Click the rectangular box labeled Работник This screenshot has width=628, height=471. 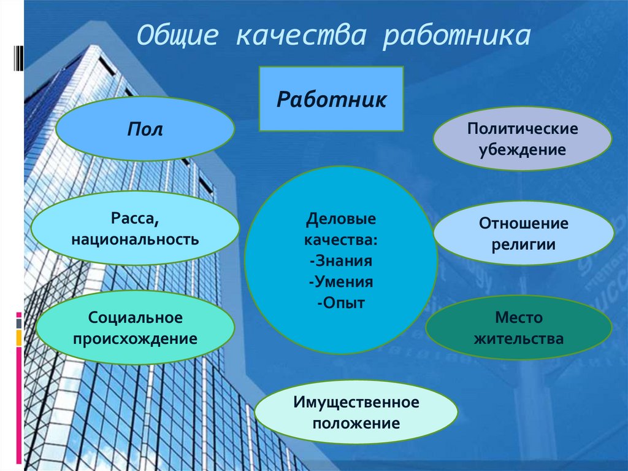tap(331, 99)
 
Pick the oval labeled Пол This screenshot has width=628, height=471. tap(145, 129)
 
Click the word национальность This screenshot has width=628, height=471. tap(135, 238)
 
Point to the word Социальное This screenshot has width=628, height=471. tap(136, 318)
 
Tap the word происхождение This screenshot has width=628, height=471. tap(136, 338)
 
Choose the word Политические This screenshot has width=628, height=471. tap(523, 129)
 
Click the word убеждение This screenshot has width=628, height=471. tap(523, 149)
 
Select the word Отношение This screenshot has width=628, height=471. tap(523, 224)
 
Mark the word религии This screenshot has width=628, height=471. tap(523, 244)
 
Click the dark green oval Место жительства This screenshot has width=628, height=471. tap(519, 328)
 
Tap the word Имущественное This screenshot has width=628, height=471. tap(356, 402)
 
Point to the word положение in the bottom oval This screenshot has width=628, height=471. tap(356, 423)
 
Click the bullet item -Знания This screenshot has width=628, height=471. tap(341, 260)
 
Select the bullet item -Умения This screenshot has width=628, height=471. tap(341, 281)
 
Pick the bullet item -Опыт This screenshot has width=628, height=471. tap(341, 302)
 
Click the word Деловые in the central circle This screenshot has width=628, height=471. tap(341, 219)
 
